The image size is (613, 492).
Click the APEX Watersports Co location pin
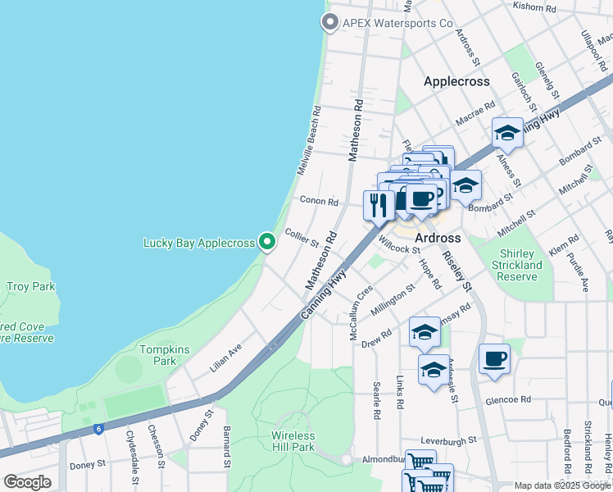pos(330,23)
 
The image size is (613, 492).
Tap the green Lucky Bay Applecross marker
pos(266,242)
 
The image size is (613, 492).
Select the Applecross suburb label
pos(456,81)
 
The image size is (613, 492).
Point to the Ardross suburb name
pos(432,238)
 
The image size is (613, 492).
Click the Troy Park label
pos(30,286)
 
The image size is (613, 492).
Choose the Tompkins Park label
pos(164,355)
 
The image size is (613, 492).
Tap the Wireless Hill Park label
pos(293,441)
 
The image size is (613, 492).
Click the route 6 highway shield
pos(98,428)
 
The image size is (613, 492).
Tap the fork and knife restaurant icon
pos(378,204)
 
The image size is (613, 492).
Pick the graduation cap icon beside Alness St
pos(507,133)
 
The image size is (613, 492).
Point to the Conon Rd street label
pos(319,201)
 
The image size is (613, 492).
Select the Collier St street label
pos(301,237)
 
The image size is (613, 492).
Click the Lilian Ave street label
pos(225,358)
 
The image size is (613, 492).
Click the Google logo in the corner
pos(28,482)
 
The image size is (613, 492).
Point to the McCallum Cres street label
pos(361,302)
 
